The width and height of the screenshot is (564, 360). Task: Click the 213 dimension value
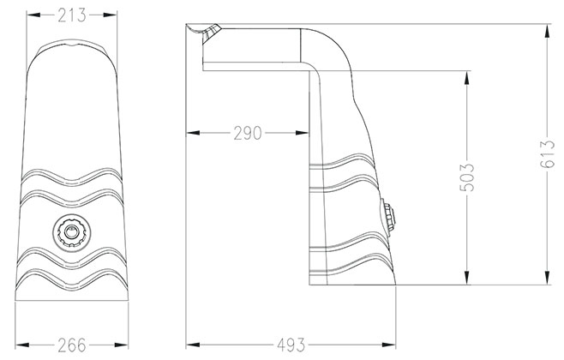72,15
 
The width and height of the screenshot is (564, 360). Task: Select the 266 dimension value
72,345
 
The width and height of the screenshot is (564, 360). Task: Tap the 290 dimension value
248,133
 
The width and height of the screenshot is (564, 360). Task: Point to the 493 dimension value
291,345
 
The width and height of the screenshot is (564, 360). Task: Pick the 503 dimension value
467,177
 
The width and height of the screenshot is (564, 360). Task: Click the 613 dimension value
548,154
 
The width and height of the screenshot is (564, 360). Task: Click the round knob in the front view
72,232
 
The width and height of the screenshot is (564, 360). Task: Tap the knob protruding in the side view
389,217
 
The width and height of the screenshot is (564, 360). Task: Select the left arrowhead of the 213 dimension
33,15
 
